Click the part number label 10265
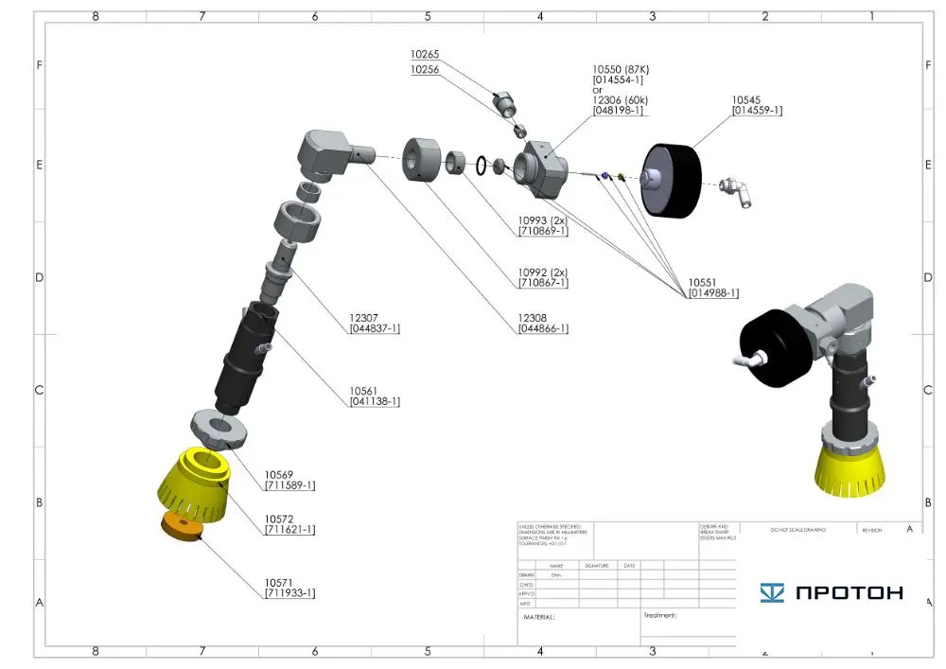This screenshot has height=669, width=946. pyautogui.click(x=425, y=55)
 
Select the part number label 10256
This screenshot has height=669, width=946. pyautogui.click(x=425, y=70)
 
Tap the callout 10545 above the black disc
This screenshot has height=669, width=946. pyautogui.click(x=745, y=98)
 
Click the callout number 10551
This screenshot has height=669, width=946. pyautogui.click(x=701, y=282)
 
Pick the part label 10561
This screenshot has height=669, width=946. pyautogui.click(x=362, y=390)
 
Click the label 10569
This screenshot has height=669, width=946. pyautogui.click(x=278, y=474)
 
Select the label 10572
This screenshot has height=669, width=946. pyautogui.click(x=278, y=519)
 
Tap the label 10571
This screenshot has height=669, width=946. pyautogui.click(x=278, y=582)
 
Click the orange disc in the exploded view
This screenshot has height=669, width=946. pyautogui.click(x=183, y=526)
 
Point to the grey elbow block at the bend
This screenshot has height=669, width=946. pyautogui.click(x=324, y=154)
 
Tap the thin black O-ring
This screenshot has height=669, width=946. pyautogui.click(x=482, y=166)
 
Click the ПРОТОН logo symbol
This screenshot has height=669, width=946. pyautogui.click(x=772, y=593)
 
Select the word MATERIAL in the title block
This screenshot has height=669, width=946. pyautogui.click(x=539, y=617)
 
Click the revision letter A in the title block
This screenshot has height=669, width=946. pyautogui.click(x=909, y=529)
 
